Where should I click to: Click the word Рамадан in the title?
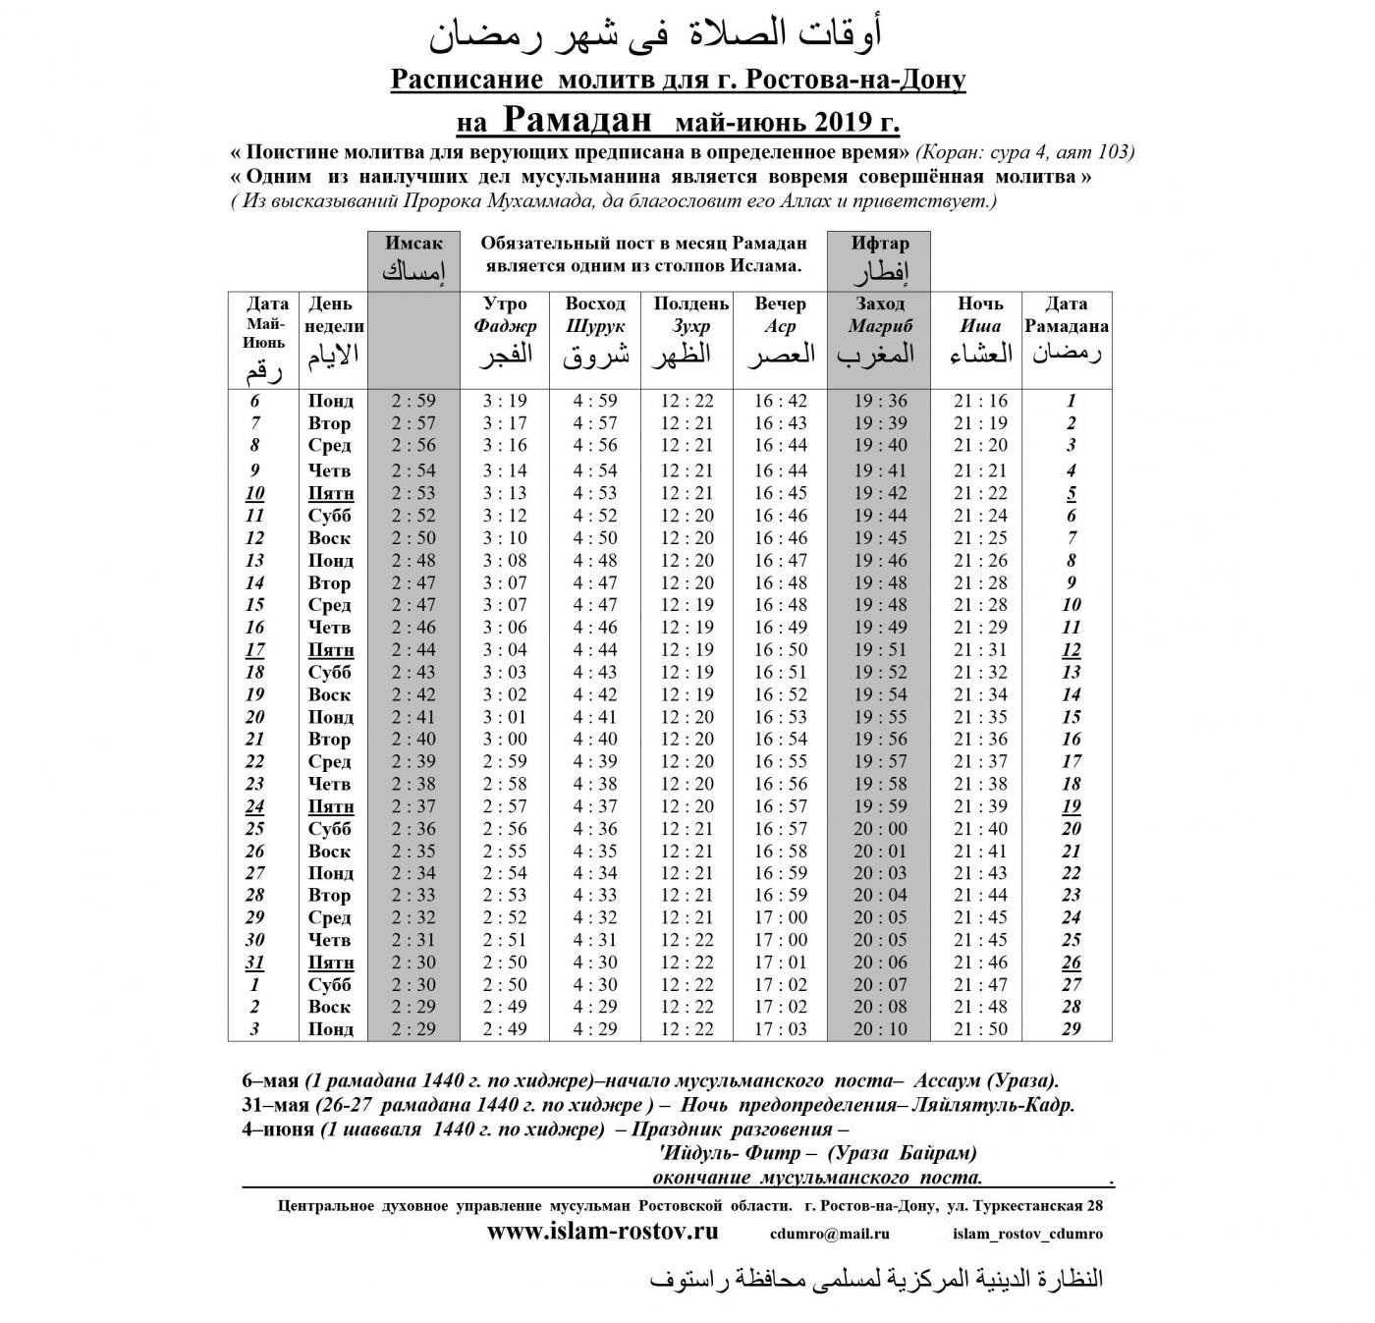[578, 121]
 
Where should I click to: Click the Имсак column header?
[413, 257]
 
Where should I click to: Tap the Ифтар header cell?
[879, 257]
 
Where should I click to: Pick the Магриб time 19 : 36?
[880, 401]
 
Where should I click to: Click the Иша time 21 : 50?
[979, 1029]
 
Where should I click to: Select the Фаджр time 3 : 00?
[505, 739]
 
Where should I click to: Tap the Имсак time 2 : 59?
[412, 401]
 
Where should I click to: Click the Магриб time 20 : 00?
[880, 828]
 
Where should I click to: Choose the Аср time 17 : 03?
[781, 1029]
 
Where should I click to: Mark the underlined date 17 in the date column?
[255, 649]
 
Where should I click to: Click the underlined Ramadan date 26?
[1071, 963]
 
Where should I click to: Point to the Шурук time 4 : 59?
[595, 401]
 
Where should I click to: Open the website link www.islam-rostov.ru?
[602, 1232]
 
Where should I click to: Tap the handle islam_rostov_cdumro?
[1027, 1234]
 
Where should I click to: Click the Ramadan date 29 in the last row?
[1071, 1029]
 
